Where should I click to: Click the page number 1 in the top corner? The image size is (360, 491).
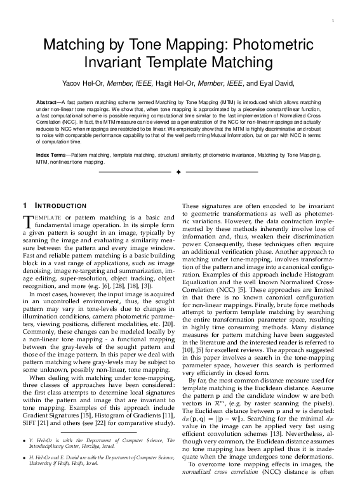click(x=333, y=23)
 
